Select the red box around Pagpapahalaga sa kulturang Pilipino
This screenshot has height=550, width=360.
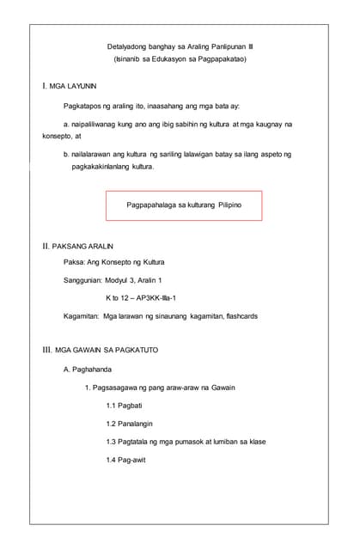pyautogui.click(x=183, y=206)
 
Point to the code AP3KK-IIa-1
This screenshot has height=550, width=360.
pyautogui.click(x=154, y=297)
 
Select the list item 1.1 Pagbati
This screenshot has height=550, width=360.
pyautogui.click(x=125, y=405)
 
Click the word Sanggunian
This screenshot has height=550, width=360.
pyautogui.click(x=83, y=280)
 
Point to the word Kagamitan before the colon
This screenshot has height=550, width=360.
pyautogui.click(x=82, y=316)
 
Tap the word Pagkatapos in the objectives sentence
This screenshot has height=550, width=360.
pyautogui.click(x=84, y=106)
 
